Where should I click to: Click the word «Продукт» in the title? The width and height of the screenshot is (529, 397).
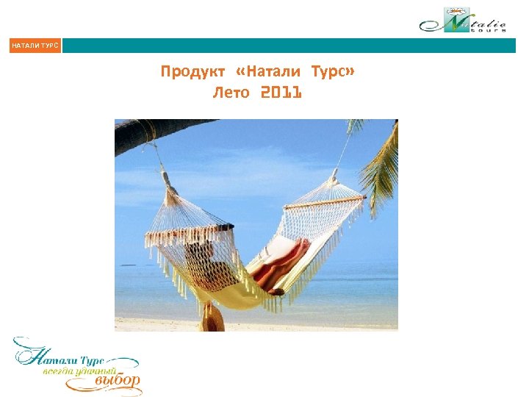coord(192,72)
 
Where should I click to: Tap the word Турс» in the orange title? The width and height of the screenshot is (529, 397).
coord(333,72)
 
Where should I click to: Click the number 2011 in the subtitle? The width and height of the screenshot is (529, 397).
coord(281,93)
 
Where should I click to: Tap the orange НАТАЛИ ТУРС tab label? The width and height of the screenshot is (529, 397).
coord(35,46)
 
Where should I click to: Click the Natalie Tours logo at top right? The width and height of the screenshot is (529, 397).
coord(464,21)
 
